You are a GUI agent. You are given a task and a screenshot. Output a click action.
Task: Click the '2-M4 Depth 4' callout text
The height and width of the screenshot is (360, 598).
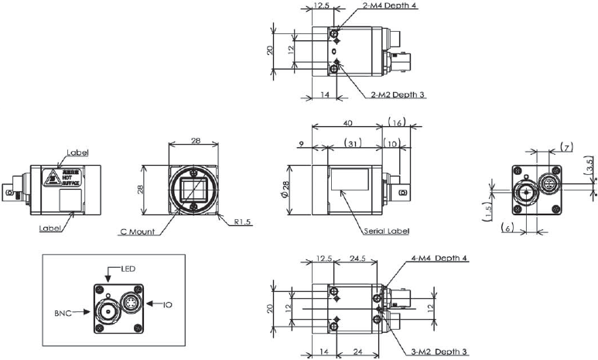(391, 5)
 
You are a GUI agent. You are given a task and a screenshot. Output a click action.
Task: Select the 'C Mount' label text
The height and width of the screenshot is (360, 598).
(136, 231)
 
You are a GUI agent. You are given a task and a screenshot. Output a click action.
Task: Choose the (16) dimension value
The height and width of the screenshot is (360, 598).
(396, 122)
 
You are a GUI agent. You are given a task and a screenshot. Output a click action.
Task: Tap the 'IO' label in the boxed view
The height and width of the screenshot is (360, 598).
(167, 305)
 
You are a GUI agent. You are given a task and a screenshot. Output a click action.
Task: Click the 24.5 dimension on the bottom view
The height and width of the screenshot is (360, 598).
(357, 259)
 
